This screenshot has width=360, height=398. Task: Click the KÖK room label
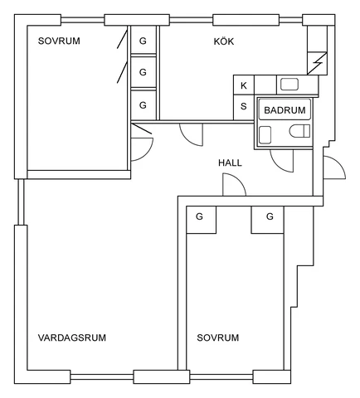coord(224,41)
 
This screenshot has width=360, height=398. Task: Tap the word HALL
coord(230,163)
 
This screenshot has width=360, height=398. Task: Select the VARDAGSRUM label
coord(72,337)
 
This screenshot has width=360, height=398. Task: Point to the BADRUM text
coord(285,110)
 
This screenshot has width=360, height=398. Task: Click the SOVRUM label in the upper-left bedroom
coord(59,41)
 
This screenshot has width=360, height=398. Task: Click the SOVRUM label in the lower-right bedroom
coord(218,337)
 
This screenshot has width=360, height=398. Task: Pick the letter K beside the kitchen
coord(244,85)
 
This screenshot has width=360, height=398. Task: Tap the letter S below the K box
coord(244,106)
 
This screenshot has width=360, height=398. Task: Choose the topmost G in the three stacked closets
coord(143,41)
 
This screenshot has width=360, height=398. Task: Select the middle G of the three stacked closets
coord(143,72)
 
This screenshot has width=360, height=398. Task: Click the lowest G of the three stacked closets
coord(143,105)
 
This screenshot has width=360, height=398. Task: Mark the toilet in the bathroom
coord(299,131)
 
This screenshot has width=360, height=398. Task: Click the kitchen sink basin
coord(289,85)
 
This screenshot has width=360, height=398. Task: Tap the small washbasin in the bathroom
coord(265,135)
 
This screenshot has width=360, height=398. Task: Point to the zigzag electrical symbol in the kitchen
coord(318,63)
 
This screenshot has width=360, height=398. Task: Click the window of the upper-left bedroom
coord(83,20)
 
